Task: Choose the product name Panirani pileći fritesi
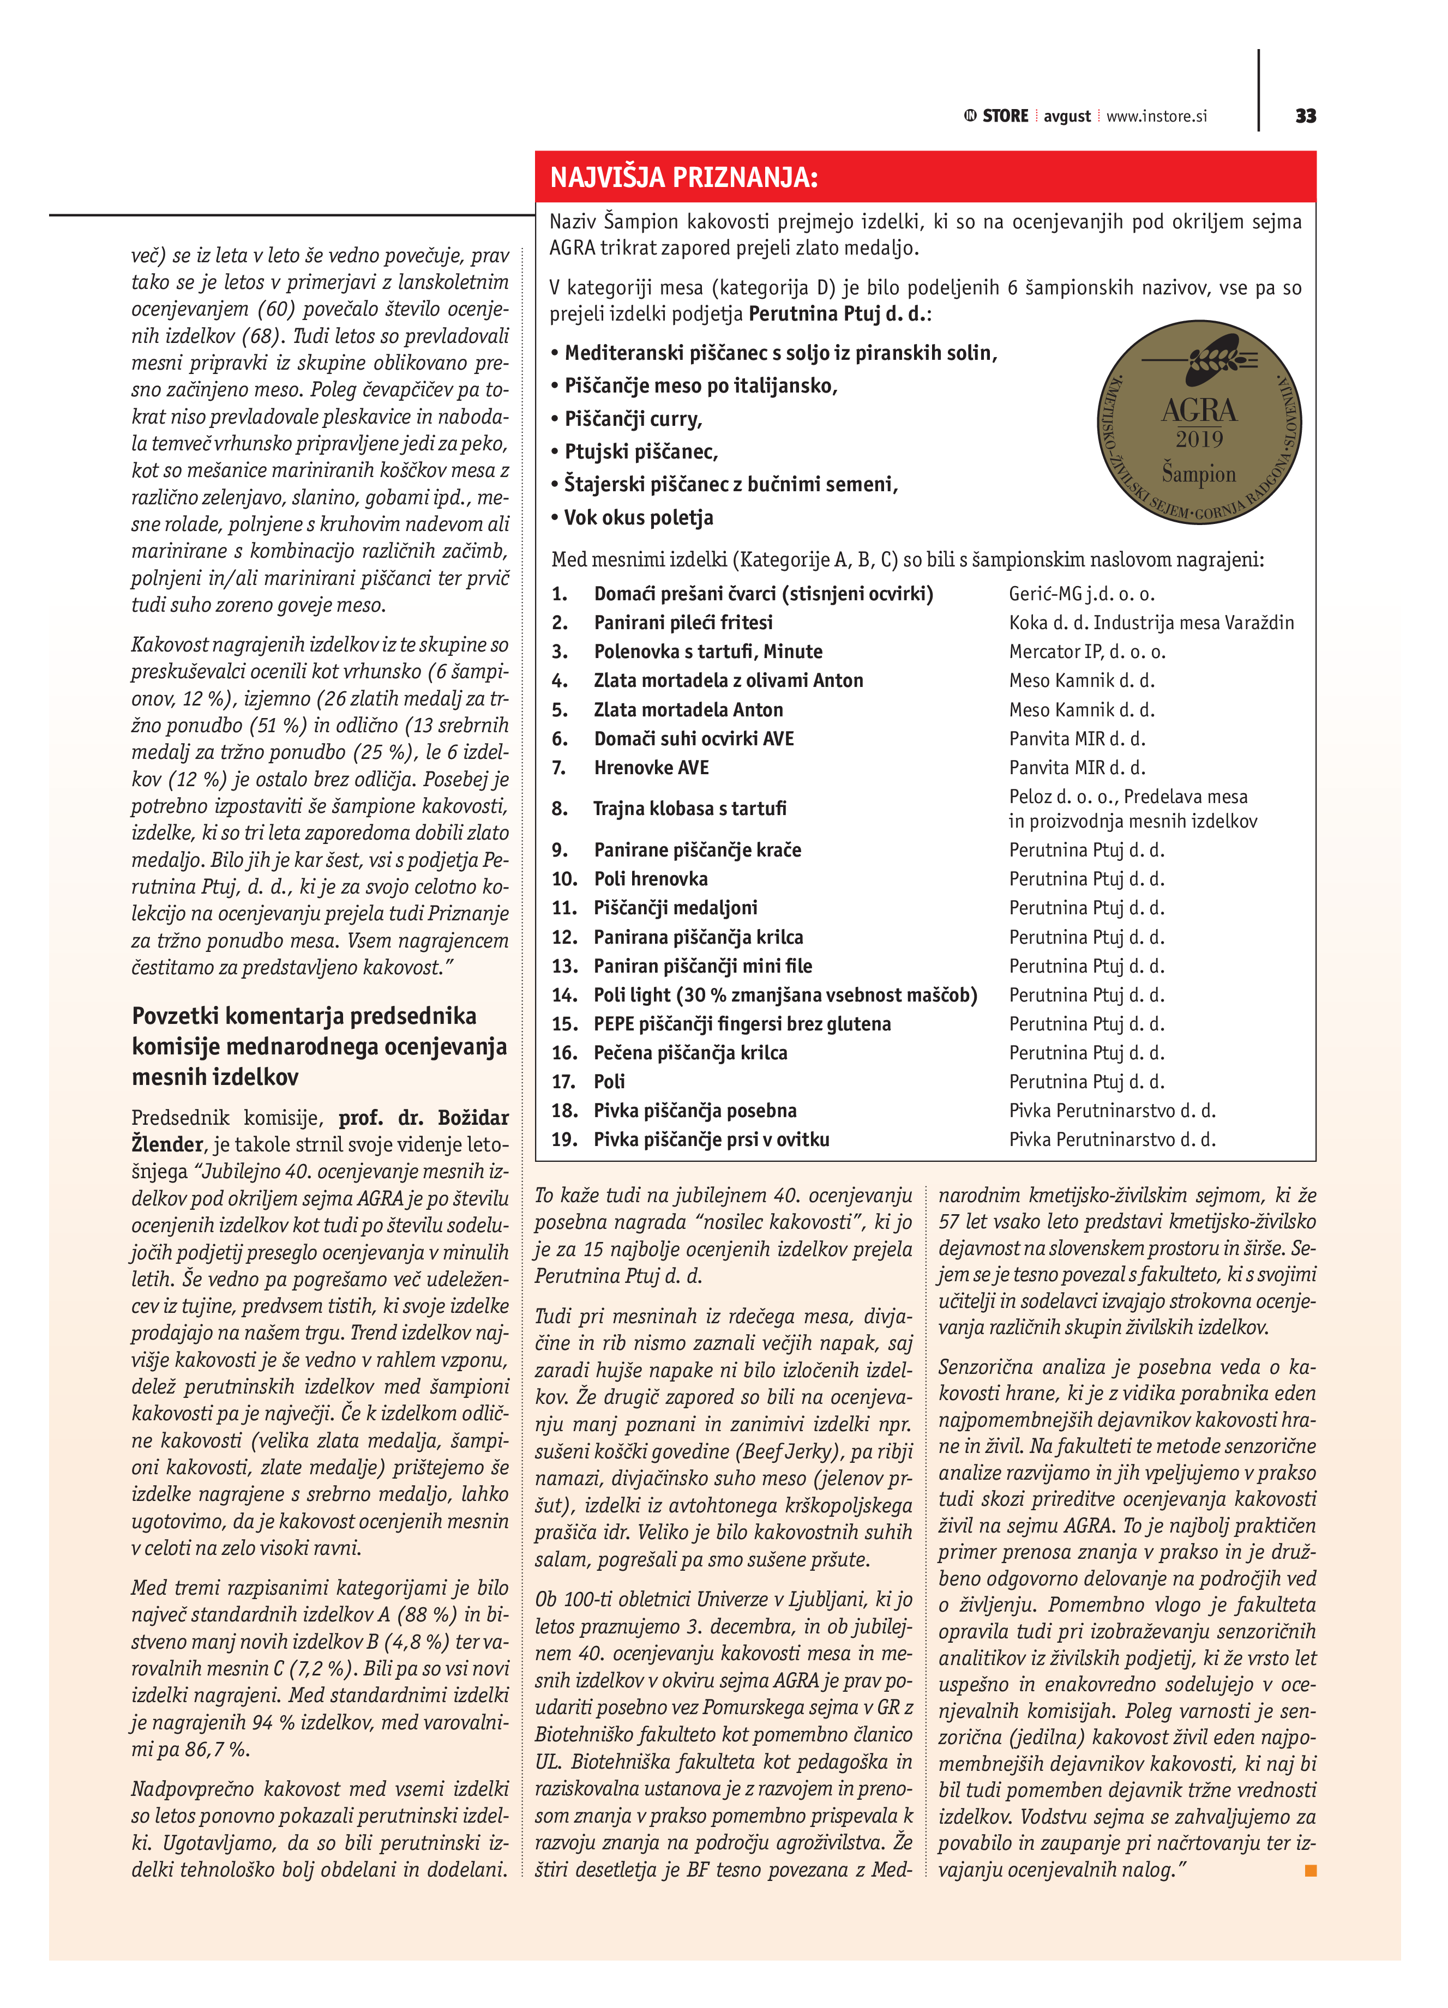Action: click(x=683, y=623)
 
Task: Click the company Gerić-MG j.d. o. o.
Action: click(x=1082, y=594)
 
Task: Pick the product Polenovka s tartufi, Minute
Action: click(x=707, y=652)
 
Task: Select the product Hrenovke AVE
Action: click(x=651, y=768)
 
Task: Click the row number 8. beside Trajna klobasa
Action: click(x=560, y=809)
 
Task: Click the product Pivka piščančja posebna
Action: click(x=694, y=1110)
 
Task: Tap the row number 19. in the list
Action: click(x=564, y=1139)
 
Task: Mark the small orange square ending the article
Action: click(x=1311, y=1870)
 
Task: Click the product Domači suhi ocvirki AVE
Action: click(x=693, y=738)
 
